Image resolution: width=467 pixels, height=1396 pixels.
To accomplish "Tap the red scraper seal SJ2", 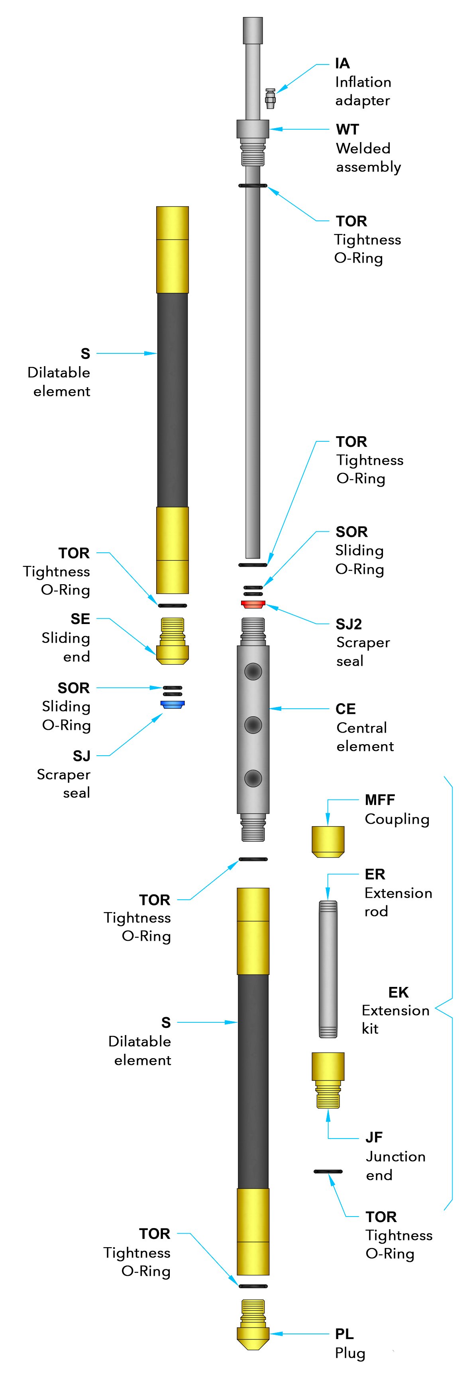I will tap(253, 603).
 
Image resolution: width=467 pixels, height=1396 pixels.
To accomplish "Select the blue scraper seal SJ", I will tap(173, 704).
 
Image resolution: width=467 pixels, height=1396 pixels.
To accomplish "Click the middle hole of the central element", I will tap(253, 725).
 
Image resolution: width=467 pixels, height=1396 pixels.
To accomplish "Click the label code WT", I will tap(347, 129).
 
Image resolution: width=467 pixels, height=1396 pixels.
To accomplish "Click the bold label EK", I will tap(398, 992).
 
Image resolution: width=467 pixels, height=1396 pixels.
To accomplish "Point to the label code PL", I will tap(344, 1334).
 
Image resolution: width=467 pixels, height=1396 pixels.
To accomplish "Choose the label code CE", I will tap(345, 709).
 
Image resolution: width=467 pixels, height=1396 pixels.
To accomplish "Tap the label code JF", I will tap(374, 1137).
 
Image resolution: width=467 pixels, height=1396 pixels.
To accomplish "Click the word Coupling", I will tap(396, 819).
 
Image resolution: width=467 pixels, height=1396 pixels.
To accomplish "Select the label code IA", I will tap(342, 63).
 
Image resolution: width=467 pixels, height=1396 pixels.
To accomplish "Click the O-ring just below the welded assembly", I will tap(253, 185).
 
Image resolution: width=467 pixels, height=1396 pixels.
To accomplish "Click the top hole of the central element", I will tap(253, 671).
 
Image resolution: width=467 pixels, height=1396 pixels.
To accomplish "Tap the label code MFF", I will tap(380, 800).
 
